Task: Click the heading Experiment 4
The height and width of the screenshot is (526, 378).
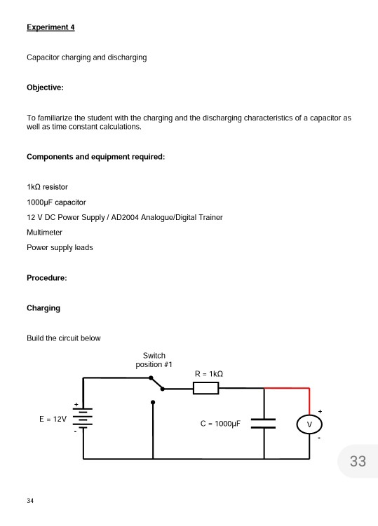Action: tap(50, 27)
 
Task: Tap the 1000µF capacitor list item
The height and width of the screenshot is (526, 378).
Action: tap(56, 202)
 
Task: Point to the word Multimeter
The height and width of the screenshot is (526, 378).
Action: tap(44, 232)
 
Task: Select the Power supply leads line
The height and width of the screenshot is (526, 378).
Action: tap(59, 247)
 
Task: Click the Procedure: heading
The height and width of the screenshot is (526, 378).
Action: tap(46, 278)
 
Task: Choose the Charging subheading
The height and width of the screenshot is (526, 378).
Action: tap(43, 308)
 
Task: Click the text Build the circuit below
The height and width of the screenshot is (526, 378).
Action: tap(63, 338)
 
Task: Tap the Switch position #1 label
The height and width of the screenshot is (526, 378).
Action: tap(154, 360)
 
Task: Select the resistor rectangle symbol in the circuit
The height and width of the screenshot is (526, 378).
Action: tap(205, 388)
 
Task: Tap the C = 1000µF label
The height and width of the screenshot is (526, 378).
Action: tap(220, 424)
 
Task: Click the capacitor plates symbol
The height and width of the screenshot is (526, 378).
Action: tap(264, 423)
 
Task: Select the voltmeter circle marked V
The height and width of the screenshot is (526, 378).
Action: tap(309, 424)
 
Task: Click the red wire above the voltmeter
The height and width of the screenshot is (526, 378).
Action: tap(288, 388)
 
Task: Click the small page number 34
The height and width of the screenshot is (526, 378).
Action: tap(30, 501)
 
